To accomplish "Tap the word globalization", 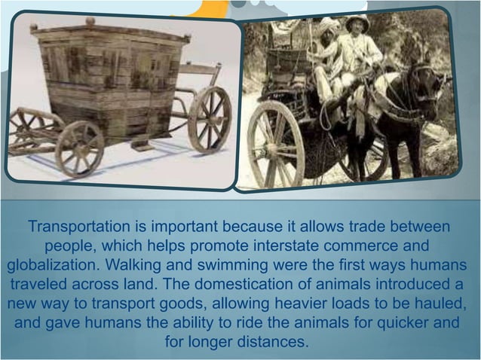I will pos(52,266).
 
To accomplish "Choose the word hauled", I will pos(443,305).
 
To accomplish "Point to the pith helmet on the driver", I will pos(355,23).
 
